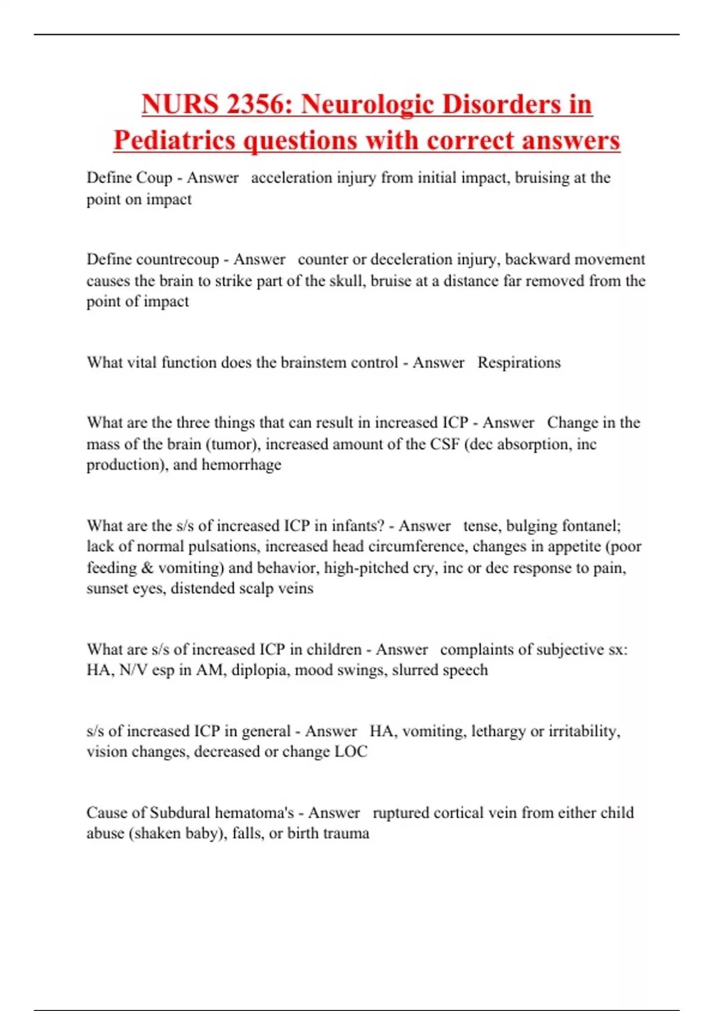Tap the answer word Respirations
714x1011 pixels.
point(519,363)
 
